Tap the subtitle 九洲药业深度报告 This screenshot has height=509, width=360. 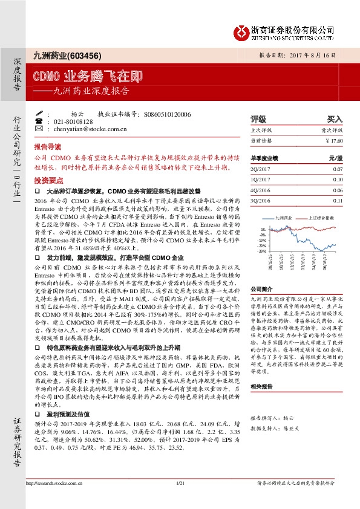(x=90, y=91)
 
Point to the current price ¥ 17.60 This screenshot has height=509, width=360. (x=334, y=140)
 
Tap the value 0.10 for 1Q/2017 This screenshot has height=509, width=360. (x=338, y=180)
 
